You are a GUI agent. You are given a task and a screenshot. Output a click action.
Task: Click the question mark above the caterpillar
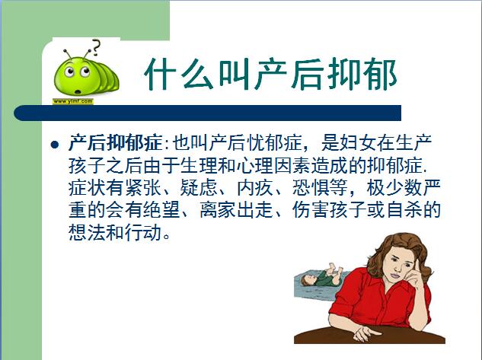point(96,47)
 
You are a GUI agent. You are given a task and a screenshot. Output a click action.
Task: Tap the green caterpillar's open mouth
point(78,91)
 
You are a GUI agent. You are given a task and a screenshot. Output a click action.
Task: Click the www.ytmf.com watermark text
point(73,101)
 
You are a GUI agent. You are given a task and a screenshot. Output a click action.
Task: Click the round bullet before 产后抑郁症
point(55,145)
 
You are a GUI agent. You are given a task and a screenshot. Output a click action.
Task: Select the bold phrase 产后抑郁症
point(115,143)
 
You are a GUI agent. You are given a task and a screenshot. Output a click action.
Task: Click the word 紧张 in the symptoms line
point(142,188)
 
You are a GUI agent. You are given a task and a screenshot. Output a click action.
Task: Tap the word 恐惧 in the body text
point(311,188)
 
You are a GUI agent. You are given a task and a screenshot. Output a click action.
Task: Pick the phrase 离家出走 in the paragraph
point(236,210)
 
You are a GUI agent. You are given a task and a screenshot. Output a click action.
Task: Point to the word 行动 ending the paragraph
point(142,233)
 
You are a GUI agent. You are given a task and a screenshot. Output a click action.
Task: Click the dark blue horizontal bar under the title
point(207,113)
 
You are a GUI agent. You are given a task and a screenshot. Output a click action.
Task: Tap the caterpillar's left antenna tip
point(65,50)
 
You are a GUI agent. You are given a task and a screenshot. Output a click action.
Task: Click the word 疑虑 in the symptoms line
point(199,188)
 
